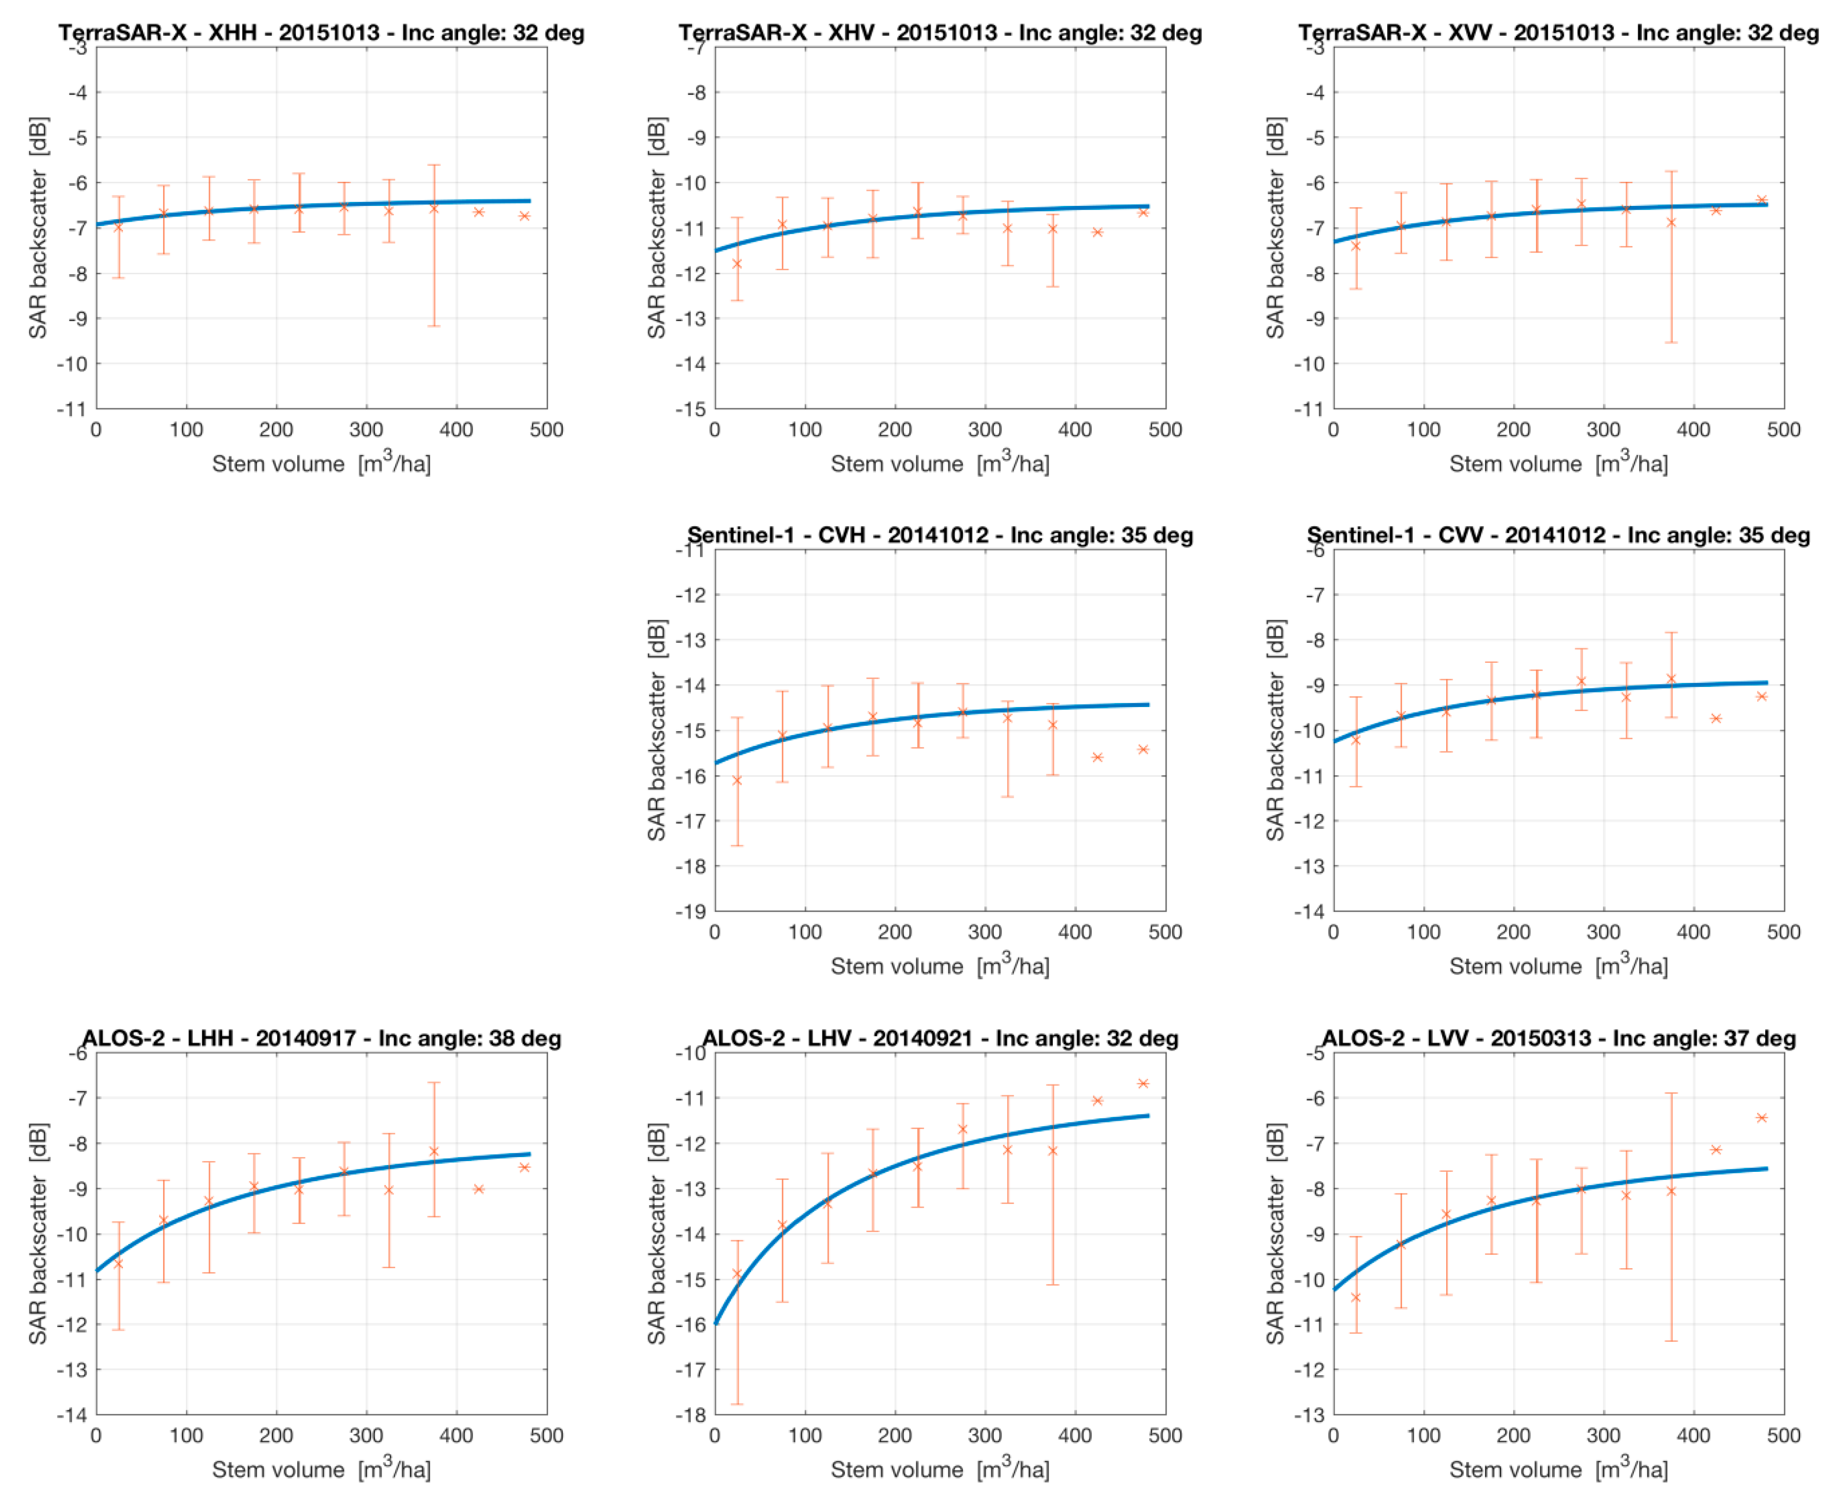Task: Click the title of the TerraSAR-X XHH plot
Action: [321, 33]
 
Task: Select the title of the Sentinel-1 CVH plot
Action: [939, 535]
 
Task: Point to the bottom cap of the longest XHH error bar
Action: [434, 326]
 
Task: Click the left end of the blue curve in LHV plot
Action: [716, 1324]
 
